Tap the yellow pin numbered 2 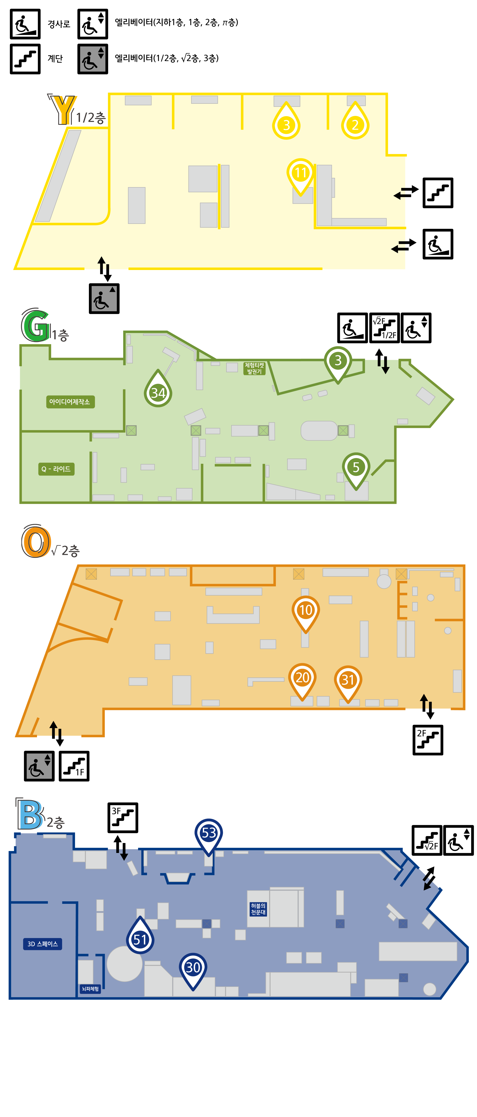pyautogui.click(x=355, y=124)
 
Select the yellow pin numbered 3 pyautogui.click(x=286, y=124)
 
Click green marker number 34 pyautogui.click(x=158, y=392)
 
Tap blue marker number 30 pyautogui.click(x=193, y=967)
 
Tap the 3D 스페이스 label pyautogui.click(x=42, y=944)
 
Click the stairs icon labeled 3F pyautogui.click(x=123, y=818)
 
